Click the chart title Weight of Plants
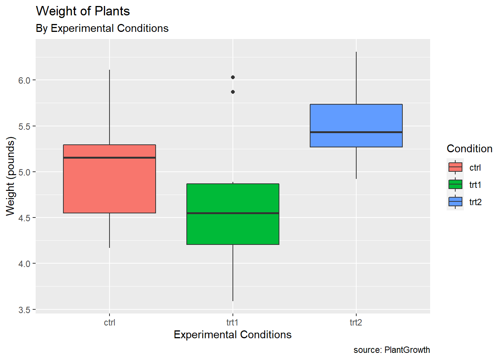coord(83,11)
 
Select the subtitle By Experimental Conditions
coord(102,28)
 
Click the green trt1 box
coord(232,229)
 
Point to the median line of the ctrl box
coord(109,157)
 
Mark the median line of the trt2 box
coord(356,132)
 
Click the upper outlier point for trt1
coord(233,77)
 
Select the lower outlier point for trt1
coord(233,92)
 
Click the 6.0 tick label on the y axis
coord(24,80)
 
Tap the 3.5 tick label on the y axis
coord(24,310)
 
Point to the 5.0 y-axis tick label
coord(24,172)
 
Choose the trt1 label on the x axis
coord(232,322)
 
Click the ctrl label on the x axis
coord(109,322)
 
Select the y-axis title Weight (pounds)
coord(10,176)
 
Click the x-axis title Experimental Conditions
coord(232,334)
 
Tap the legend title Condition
coord(469,149)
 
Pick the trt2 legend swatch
coord(455,202)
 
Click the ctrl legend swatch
coord(455,167)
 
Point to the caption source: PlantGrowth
coord(391,350)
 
